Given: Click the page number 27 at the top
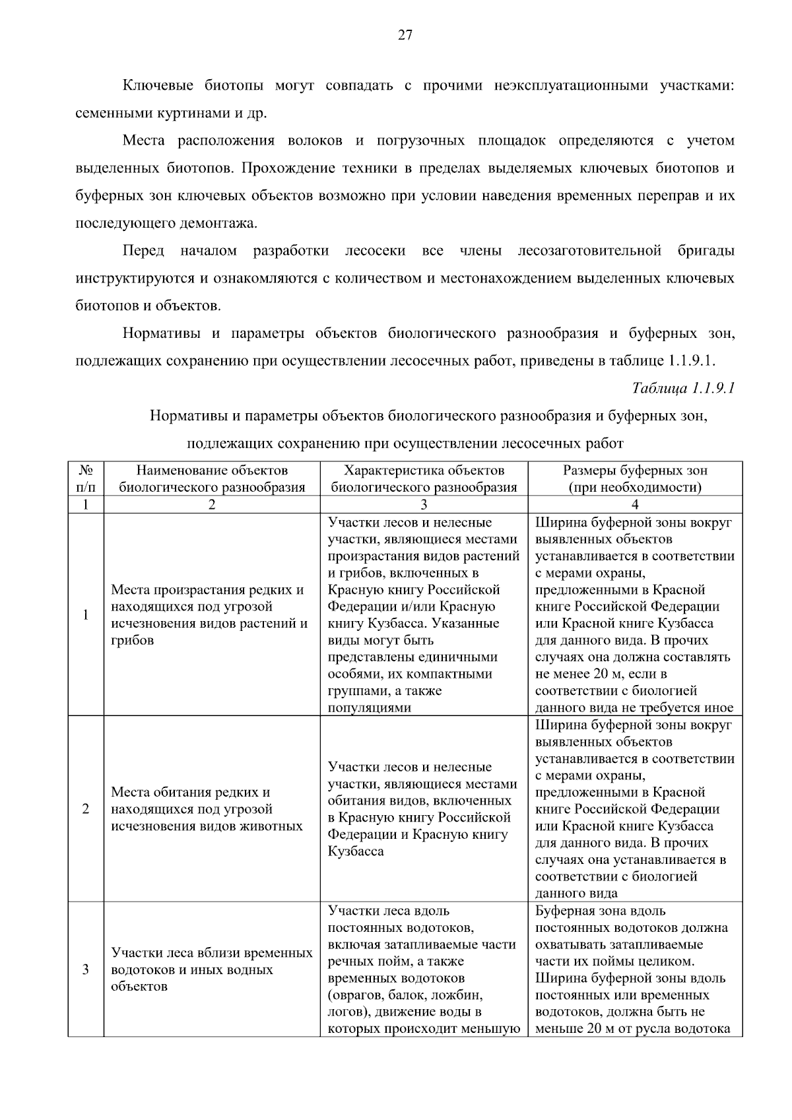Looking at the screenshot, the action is click(x=405, y=36).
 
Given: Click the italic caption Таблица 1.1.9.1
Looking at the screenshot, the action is click(x=683, y=388).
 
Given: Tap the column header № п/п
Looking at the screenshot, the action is click(x=86, y=479).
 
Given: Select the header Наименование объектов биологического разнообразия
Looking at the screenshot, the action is click(x=212, y=479).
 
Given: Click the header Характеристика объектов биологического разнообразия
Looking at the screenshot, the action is click(x=424, y=479).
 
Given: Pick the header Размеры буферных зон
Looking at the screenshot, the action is click(x=635, y=479).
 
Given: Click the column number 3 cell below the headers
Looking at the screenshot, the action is click(x=424, y=505).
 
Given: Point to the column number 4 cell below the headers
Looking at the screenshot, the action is click(x=635, y=505).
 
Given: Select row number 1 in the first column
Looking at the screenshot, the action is click(x=86, y=615).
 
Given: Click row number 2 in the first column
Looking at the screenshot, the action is click(x=86, y=809).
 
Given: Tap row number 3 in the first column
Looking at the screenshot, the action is click(x=86, y=970).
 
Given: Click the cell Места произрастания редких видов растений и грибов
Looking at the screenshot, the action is click(x=209, y=615).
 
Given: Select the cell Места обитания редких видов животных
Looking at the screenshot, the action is click(x=207, y=809).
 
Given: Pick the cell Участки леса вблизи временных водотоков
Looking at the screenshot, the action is click(x=211, y=970).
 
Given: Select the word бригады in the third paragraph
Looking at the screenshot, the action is click(x=706, y=251).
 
